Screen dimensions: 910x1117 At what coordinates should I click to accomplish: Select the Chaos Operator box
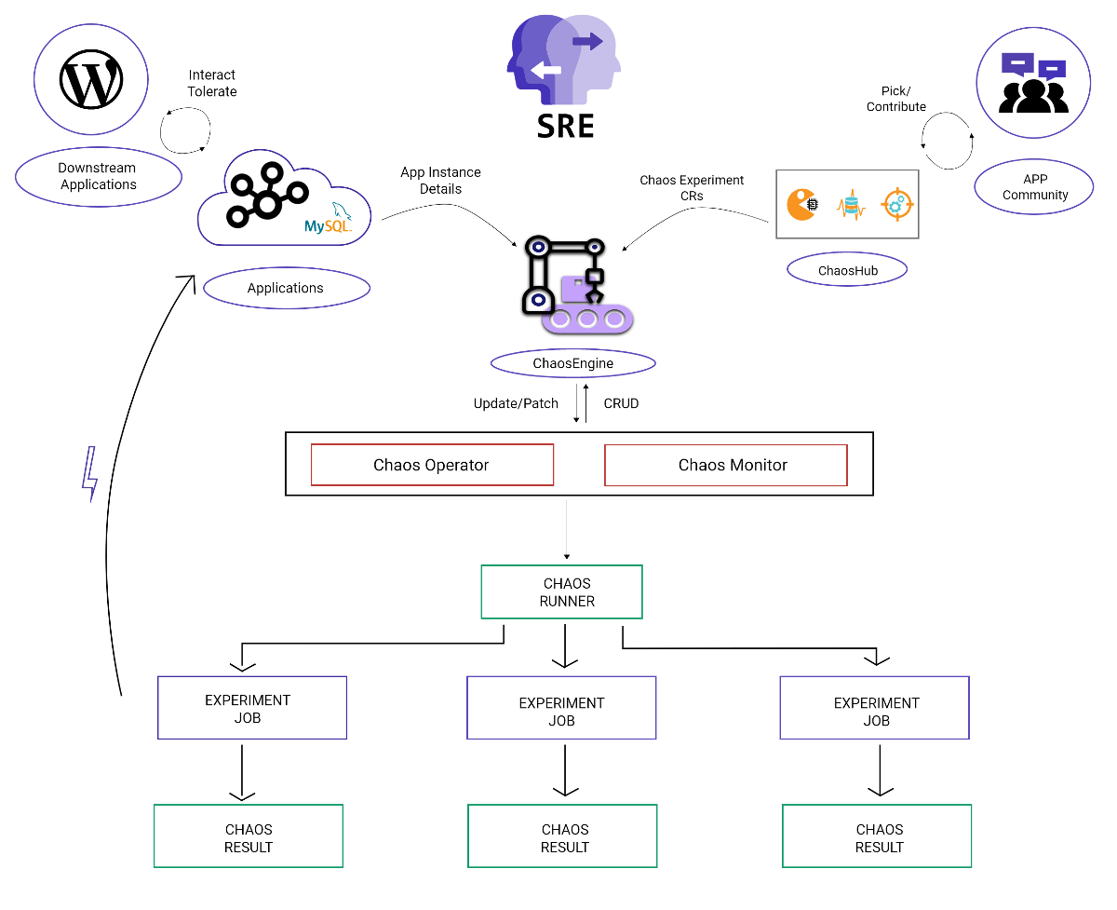pos(432,465)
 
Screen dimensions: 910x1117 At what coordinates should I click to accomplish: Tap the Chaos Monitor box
pos(726,465)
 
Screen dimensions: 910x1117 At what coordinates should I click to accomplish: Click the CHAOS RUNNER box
pos(561,592)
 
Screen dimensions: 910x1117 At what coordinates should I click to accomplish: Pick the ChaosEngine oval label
pos(573,363)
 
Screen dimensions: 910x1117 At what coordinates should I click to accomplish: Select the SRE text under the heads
pos(565,125)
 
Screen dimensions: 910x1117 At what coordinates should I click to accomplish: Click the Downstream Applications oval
pos(98,176)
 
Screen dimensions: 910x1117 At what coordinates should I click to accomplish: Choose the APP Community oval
pos(1034,186)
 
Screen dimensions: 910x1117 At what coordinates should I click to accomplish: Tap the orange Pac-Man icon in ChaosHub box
pos(802,204)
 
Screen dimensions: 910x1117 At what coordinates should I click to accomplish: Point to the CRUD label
pos(621,403)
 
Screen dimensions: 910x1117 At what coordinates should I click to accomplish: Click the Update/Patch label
pos(516,403)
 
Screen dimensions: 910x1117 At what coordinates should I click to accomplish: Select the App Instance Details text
pos(440,181)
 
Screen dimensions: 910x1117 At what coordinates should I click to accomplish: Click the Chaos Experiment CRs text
pos(692,188)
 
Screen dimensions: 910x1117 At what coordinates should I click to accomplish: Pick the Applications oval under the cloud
pos(286,288)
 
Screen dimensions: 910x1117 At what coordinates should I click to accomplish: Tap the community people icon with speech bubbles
pos(1032,81)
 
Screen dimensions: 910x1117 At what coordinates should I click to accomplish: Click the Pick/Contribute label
pos(895,99)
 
